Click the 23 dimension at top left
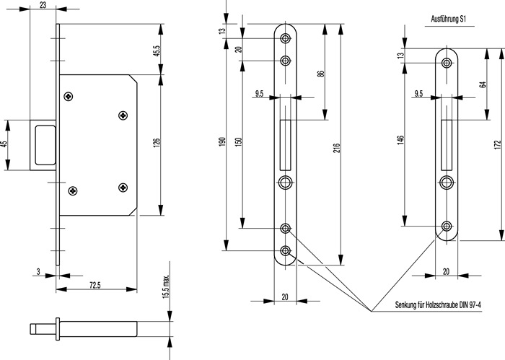pyautogui.click(x=44, y=5)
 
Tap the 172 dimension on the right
pyautogui.click(x=499, y=144)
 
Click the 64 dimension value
pyautogui.click(x=481, y=84)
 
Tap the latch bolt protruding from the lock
pyautogui.click(x=43, y=145)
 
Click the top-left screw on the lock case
pyautogui.click(x=70, y=95)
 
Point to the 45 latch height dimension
pyautogui.click(x=4, y=144)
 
